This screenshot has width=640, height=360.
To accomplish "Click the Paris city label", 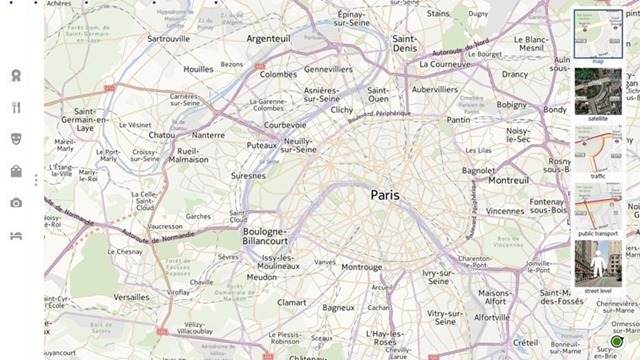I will click(384, 195).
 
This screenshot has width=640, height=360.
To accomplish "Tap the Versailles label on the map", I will click(131, 297).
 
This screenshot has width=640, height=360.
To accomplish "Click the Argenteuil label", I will click(268, 38).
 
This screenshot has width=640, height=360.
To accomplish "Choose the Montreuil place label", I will click(508, 180).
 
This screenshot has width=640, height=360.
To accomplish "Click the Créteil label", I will click(525, 343).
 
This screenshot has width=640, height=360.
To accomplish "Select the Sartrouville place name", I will click(168, 38).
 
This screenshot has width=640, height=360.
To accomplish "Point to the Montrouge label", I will click(361, 267).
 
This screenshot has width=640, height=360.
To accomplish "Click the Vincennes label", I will click(504, 211).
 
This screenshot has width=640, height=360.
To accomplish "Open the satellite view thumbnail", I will click(597, 93).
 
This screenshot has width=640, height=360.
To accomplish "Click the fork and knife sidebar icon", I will click(16, 107).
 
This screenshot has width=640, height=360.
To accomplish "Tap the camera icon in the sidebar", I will click(16, 203).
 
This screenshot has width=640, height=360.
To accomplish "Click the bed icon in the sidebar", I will click(16, 235).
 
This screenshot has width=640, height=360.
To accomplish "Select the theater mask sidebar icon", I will click(16, 139).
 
